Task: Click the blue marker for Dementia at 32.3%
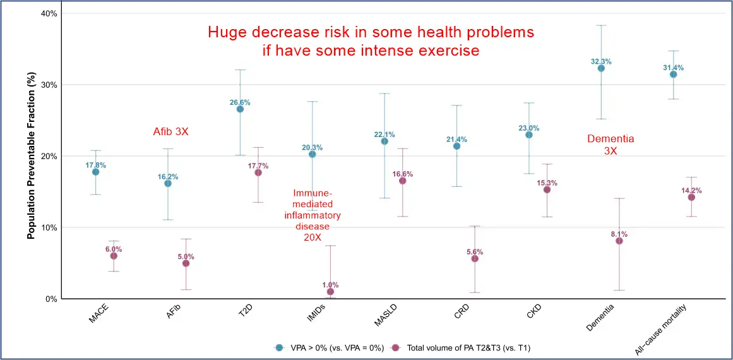point(601,68)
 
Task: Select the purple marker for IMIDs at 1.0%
point(330,292)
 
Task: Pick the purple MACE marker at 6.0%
point(114,256)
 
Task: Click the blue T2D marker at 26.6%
point(240,109)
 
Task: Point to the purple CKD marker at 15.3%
point(547,189)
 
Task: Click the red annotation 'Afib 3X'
point(171,132)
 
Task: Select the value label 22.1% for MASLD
point(384,134)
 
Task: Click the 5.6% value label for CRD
point(475,251)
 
